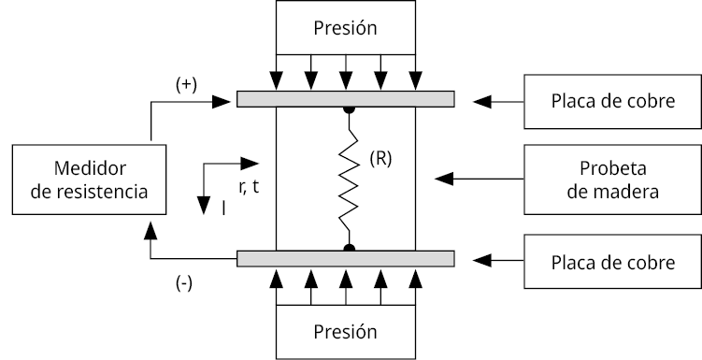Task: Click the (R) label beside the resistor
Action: tap(380, 159)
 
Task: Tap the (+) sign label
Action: tap(186, 85)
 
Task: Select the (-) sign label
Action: tap(184, 283)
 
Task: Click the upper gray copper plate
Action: tap(346, 99)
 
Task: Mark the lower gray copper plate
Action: tap(346, 259)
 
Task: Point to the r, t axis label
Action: tap(249, 187)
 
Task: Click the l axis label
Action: tap(223, 209)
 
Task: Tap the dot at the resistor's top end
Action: tap(349, 109)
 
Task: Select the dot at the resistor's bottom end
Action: tap(350, 248)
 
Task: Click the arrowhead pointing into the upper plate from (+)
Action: tap(222, 102)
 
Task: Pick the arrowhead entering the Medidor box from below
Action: tap(150, 230)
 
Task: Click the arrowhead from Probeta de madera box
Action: tap(444, 179)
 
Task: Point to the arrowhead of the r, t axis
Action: tap(250, 164)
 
